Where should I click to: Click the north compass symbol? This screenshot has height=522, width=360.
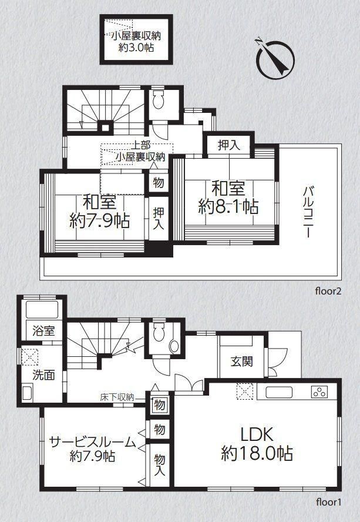[x=274, y=58]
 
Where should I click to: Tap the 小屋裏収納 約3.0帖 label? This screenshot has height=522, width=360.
[x=136, y=41]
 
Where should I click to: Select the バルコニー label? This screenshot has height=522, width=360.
[x=307, y=212]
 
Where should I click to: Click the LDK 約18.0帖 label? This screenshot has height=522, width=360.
[x=257, y=444]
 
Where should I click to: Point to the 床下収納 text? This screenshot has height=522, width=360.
[x=117, y=397]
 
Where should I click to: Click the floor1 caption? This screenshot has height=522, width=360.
[x=328, y=502]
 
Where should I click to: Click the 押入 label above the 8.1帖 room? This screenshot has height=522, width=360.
[x=228, y=145]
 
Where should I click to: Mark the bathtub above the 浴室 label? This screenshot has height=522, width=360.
[x=41, y=310]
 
